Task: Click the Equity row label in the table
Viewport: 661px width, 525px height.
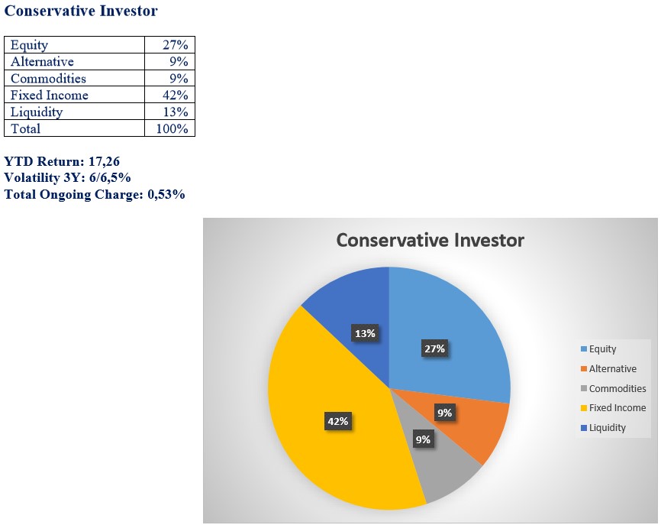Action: coord(29,45)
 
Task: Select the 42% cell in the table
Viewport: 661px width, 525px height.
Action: coord(176,95)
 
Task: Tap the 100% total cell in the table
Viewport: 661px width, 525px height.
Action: coord(172,128)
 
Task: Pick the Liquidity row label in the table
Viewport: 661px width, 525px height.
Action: coord(37,112)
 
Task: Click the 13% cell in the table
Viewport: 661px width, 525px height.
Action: coord(176,112)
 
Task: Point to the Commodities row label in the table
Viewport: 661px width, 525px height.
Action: coord(48,79)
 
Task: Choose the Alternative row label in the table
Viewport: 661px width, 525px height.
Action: coord(42,62)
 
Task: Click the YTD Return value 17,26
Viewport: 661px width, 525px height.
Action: coord(104,161)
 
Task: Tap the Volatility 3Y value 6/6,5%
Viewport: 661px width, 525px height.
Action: coord(110,177)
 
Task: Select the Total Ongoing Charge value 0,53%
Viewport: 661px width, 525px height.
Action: coord(166,195)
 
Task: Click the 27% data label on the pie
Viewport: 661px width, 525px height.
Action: coord(434,348)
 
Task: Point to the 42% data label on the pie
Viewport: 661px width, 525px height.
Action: coord(338,421)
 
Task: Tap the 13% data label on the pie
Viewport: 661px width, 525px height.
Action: coord(365,333)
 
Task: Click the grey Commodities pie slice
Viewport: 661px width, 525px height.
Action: coord(438,460)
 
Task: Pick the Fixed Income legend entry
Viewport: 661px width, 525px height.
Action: coord(614,407)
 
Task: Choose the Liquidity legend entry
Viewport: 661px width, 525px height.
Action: coord(603,427)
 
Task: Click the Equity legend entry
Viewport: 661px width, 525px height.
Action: coord(598,349)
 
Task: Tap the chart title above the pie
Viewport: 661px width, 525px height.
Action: coord(430,240)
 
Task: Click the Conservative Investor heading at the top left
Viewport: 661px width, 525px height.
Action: coord(81,11)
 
